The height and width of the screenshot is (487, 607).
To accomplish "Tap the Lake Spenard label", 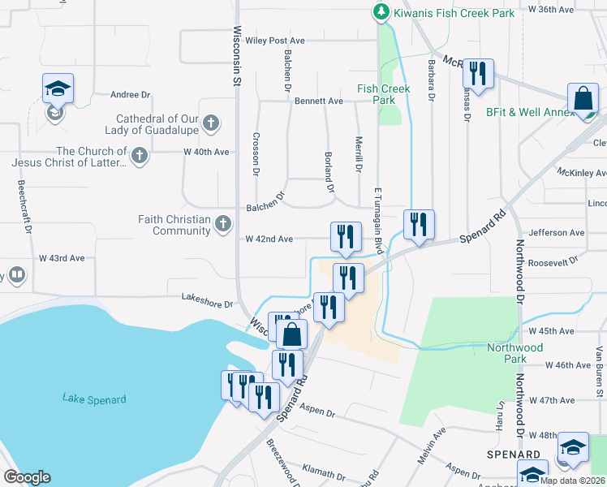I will pyautogui.click(x=94, y=399).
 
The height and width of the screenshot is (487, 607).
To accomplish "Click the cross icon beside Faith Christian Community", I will pyautogui.click(x=223, y=225).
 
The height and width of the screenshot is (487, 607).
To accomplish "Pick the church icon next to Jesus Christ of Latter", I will pyautogui.click(x=140, y=156).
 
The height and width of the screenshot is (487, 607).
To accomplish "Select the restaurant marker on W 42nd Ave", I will pyautogui.click(x=346, y=236).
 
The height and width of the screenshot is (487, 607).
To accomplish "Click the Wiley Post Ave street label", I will pyautogui.click(x=274, y=41).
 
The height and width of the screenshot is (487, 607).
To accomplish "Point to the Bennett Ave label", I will pyautogui.click(x=320, y=101).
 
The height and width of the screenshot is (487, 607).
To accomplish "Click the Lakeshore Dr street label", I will pyautogui.click(x=207, y=305).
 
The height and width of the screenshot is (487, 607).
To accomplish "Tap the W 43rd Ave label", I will pyautogui.click(x=62, y=258).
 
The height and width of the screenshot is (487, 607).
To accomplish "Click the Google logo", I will pyautogui.click(x=27, y=477).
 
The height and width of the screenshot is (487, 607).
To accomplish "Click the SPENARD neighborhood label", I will pyautogui.click(x=514, y=455).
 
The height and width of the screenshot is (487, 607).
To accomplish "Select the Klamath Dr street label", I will pyautogui.click(x=324, y=470).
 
